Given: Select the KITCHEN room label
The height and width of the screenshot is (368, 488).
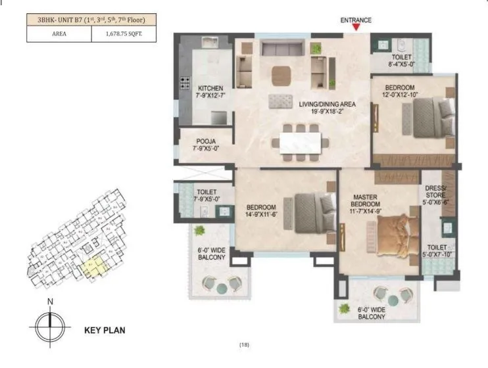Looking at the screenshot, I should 210,88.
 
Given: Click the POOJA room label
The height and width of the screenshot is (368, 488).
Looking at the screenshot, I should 205,141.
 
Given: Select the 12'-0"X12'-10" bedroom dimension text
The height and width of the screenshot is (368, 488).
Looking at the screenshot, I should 401,96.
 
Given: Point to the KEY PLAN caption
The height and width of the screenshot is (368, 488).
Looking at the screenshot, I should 105,331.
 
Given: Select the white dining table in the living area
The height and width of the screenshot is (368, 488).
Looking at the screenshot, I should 301,143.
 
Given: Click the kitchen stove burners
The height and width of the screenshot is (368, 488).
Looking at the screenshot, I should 185,84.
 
